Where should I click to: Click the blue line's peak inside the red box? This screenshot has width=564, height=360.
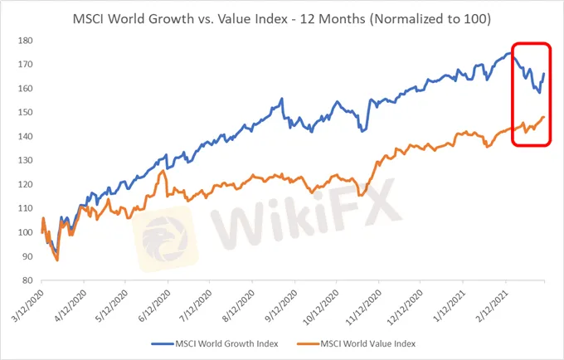coord(509,53)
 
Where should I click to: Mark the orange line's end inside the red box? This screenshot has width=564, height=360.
coord(543,117)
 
